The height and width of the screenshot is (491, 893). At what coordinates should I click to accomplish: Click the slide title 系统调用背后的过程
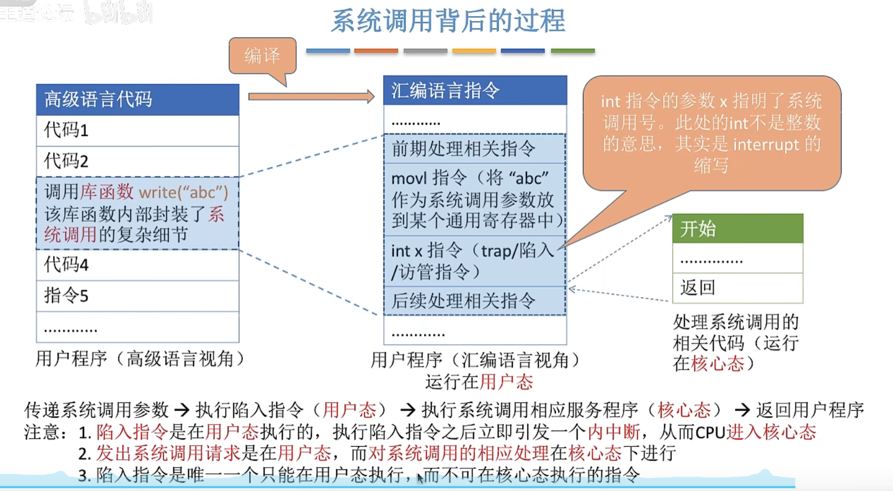pos(448,21)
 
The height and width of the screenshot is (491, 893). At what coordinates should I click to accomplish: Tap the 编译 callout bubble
pos(262,55)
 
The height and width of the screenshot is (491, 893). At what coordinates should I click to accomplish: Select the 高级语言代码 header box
pos(137,100)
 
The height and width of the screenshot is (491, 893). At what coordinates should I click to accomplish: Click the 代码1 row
pos(137,130)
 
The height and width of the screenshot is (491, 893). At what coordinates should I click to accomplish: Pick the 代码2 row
pos(137,161)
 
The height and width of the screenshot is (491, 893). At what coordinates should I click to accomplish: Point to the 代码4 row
pos(137,265)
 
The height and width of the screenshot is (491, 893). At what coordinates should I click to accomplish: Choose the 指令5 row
pos(137,296)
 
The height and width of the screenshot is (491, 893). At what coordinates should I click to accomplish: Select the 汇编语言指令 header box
pos(474,90)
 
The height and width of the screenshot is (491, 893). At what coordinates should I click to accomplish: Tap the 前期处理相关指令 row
pos(474,149)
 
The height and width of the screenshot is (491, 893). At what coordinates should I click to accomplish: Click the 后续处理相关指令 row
pos(474,301)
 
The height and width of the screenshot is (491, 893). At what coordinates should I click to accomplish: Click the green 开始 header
pos(737,228)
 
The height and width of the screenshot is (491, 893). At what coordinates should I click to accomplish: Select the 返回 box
pos(737,288)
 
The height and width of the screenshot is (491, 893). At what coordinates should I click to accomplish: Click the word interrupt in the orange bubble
pos(766,145)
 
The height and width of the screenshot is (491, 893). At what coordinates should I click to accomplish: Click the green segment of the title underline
pos(572,51)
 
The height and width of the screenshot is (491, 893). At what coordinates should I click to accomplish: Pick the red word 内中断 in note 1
pos(613,432)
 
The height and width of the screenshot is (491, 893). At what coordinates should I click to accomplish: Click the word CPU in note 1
pos(710,432)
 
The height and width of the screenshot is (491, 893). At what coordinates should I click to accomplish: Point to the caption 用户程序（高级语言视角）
pos(141,359)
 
